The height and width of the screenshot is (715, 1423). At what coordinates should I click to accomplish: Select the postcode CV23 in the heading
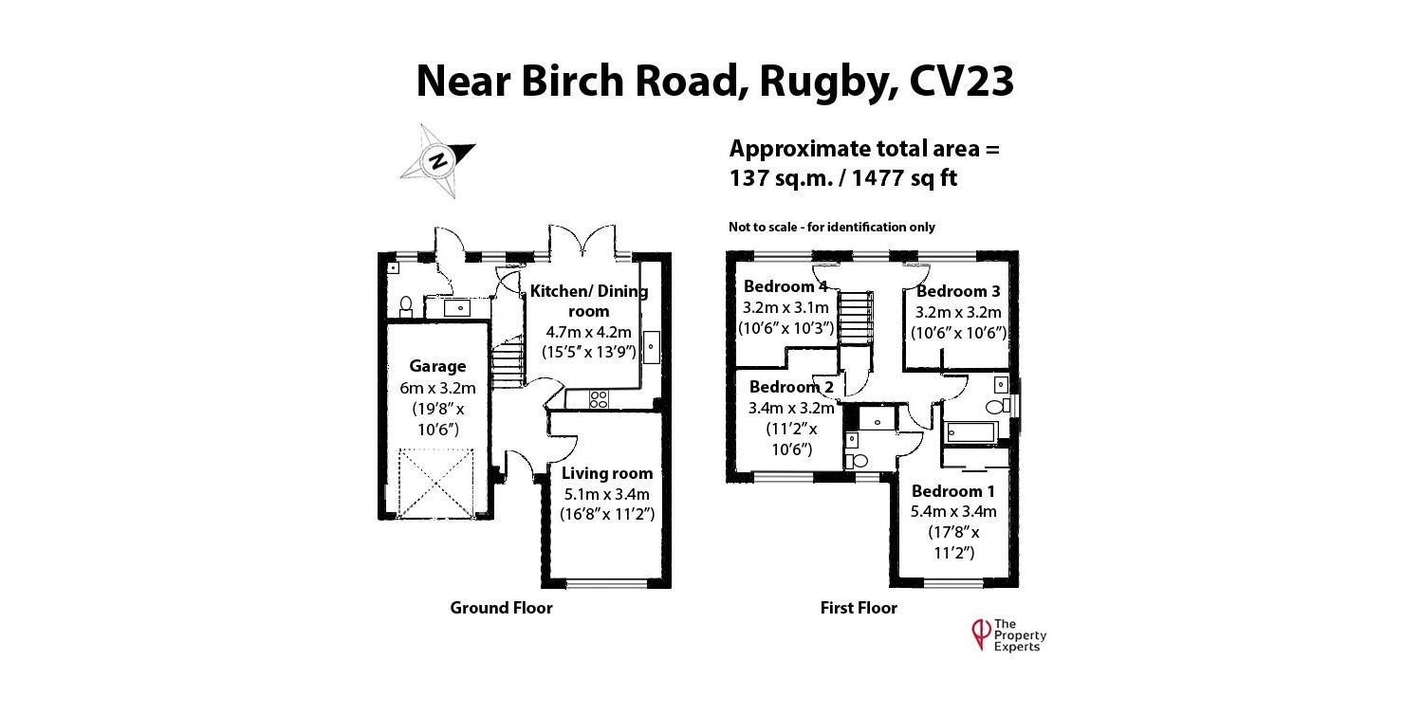961,82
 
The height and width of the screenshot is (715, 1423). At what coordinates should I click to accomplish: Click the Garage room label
437,366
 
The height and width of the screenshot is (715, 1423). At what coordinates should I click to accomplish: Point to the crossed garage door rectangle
435,484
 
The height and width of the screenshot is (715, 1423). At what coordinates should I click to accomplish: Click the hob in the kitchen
599,399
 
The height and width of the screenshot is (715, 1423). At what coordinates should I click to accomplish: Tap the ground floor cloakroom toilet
406,305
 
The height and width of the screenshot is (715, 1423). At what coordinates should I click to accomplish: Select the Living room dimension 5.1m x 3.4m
607,494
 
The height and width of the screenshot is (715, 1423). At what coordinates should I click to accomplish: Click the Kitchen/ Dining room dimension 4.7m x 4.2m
588,332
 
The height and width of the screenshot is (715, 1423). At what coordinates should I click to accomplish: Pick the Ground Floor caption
501,608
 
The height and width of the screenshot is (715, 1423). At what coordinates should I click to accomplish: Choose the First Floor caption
859,608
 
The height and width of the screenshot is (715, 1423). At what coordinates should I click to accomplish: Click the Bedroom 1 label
953,491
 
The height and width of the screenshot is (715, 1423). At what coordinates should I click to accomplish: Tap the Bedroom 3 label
958,291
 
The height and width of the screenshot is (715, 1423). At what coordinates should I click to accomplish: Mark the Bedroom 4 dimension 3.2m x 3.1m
785,307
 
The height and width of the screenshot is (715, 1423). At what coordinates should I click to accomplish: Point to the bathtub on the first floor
969,433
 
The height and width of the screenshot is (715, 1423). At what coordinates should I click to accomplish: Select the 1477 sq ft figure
905,177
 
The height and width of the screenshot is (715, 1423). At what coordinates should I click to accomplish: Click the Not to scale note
831,227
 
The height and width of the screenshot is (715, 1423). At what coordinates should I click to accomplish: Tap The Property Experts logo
1007,634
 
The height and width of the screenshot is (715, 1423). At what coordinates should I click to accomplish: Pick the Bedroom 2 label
791,387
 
